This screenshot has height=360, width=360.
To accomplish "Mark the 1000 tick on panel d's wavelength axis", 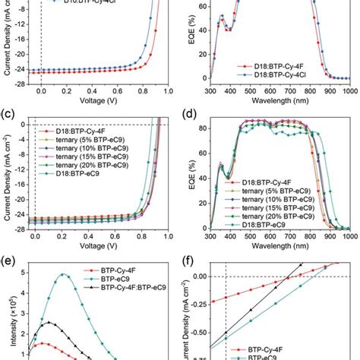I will click(x=346, y=235).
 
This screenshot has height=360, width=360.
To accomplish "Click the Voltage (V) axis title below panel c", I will click(x=99, y=246).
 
